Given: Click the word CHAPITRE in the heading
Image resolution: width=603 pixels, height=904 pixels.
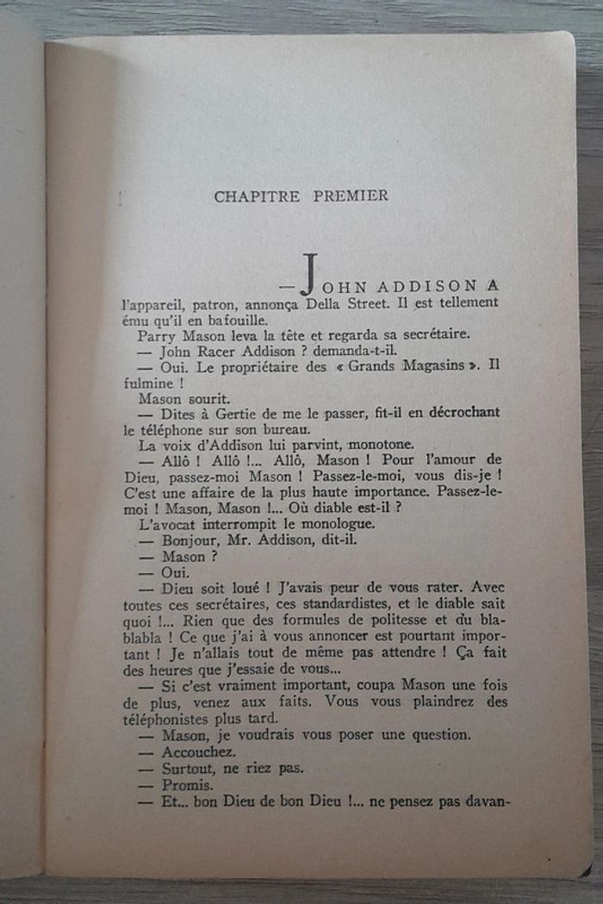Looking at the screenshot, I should pos(257,196).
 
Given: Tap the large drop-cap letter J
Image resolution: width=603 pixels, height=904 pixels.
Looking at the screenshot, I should pos(309,275).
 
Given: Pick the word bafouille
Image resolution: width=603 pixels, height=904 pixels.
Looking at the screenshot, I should pos(242,320).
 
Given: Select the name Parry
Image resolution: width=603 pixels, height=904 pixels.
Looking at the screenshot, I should pos(155,336).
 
